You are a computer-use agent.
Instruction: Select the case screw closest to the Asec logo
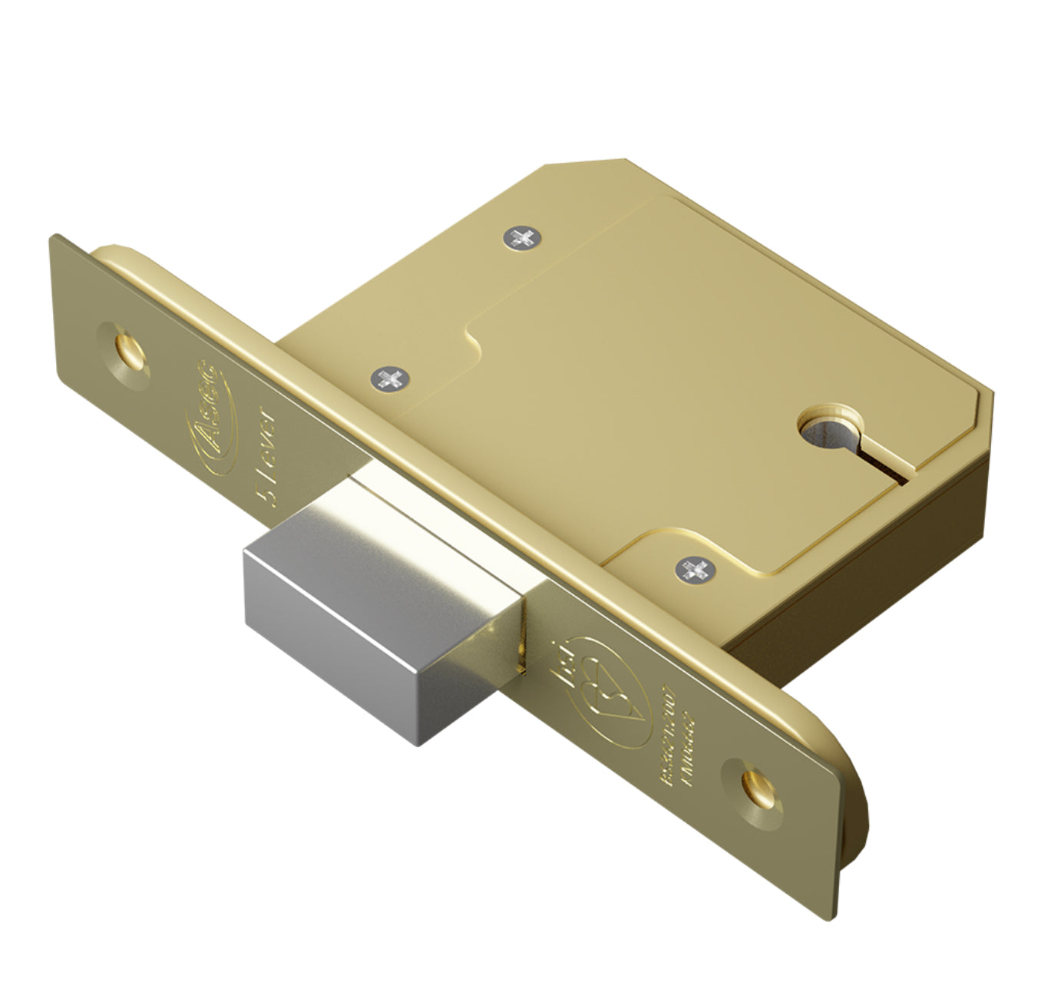[390, 377]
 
